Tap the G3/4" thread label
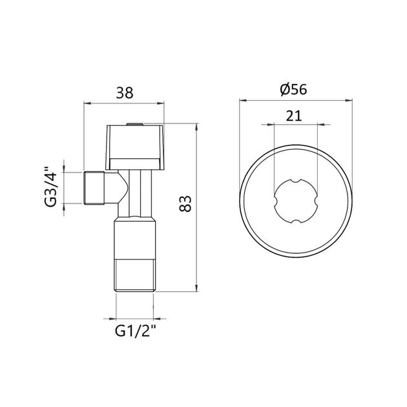(51, 188)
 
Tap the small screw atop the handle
(134, 123)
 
